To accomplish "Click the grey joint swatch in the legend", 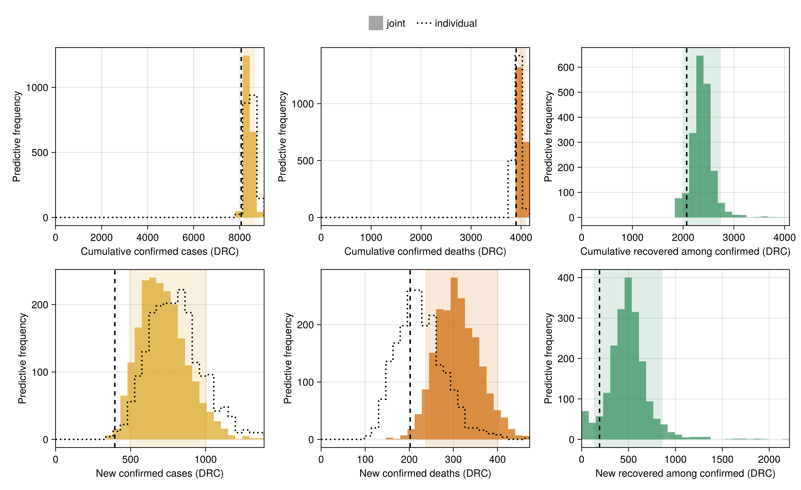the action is (x=375, y=23).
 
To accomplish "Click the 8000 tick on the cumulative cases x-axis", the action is (x=240, y=237).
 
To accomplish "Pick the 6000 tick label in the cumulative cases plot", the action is (x=193, y=237).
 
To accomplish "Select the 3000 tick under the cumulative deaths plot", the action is (x=471, y=237).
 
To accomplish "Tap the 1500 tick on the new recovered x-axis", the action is (x=722, y=459).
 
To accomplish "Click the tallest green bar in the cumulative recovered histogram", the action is (x=699, y=136).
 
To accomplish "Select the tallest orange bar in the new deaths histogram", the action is (x=454, y=358).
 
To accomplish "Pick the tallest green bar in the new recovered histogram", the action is (x=628, y=358).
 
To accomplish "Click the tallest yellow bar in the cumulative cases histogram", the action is (x=246, y=136).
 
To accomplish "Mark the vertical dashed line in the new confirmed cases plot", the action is (x=115, y=358).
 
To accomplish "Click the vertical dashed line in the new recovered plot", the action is (x=599, y=358).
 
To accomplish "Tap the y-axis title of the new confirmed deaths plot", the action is (x=288, y=358).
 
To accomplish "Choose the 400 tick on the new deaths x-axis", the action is (x=497, y=459).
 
